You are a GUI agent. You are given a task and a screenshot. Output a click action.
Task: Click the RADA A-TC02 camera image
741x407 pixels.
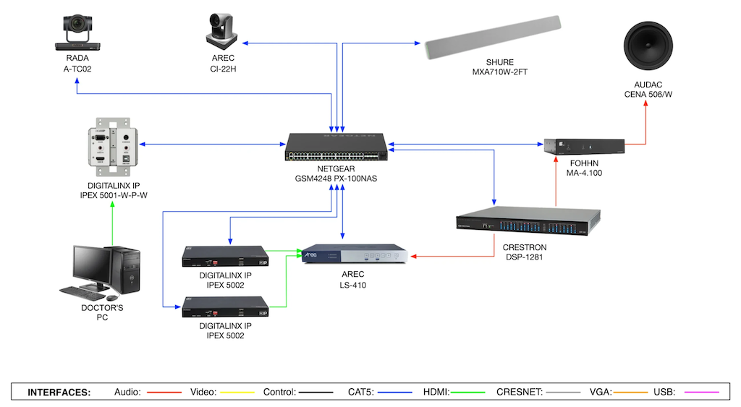(x=77, y=33)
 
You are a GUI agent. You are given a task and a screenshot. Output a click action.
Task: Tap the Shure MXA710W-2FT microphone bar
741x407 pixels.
(x=492, y=37)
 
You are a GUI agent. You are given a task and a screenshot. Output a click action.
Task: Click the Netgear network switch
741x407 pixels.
(x=336, y=147)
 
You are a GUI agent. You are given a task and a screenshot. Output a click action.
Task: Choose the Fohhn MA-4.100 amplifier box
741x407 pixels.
(x=584, y=150)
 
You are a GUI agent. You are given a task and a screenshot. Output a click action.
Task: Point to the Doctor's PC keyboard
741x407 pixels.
(x=81, y=292)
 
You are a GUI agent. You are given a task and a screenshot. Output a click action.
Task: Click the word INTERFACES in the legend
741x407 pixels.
(x=59, y=393)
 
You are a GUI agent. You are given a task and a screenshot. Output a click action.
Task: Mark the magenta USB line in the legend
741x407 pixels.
(x=700, y=393)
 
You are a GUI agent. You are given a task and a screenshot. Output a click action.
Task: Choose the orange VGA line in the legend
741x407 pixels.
(x=630, y=393)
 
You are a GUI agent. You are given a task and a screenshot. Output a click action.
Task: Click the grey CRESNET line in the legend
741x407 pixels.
(x=565, y=393)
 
